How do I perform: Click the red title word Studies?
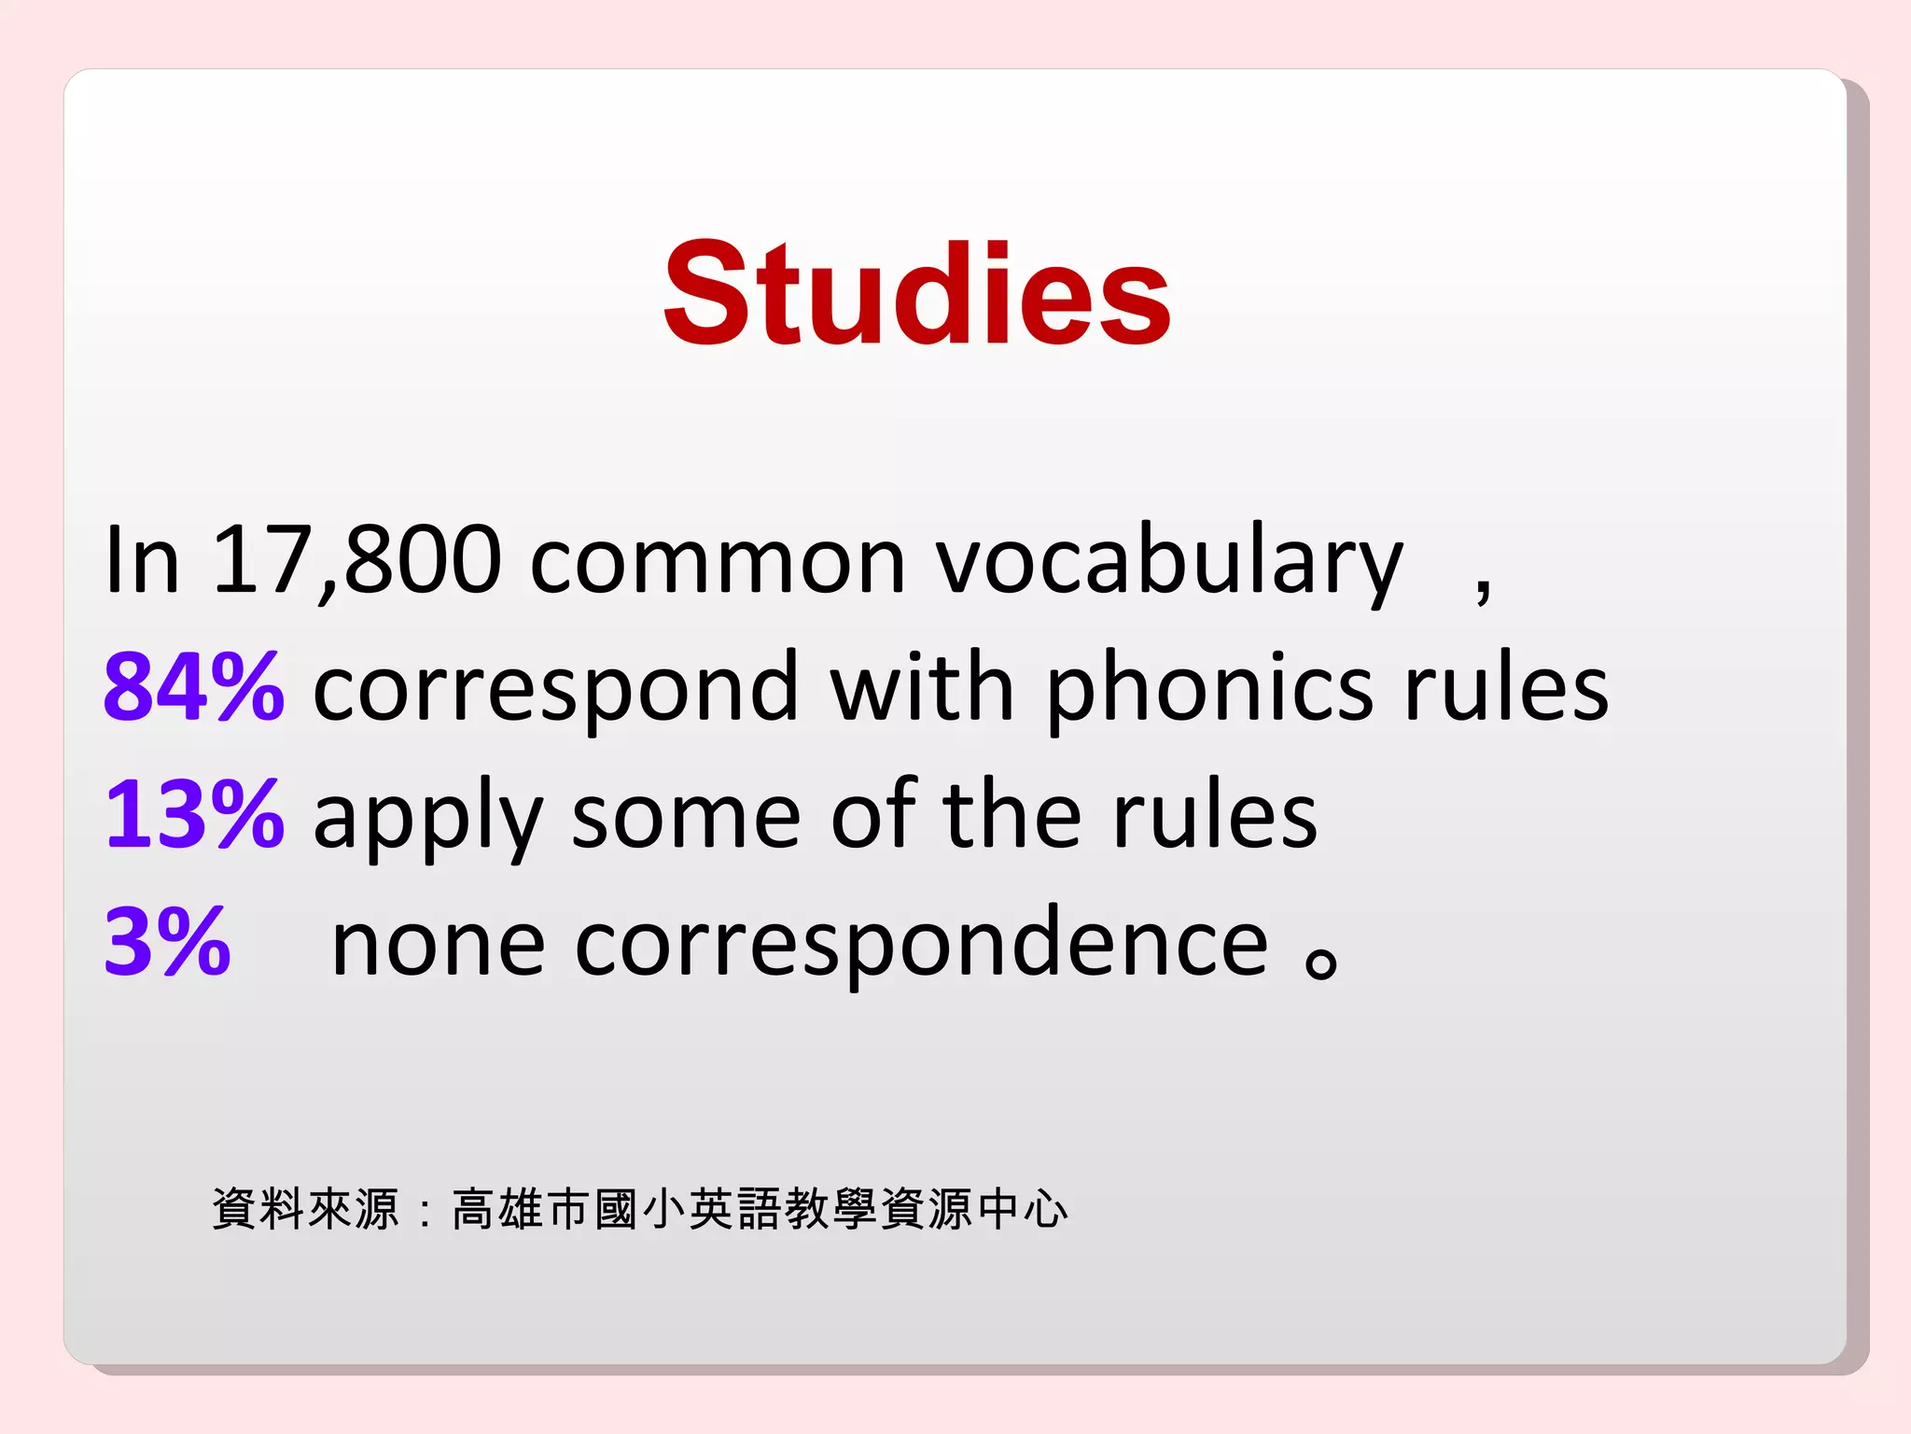916,293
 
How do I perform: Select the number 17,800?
356,560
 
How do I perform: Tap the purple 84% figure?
194,688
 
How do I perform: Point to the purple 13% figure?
194,815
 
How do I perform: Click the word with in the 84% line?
921,688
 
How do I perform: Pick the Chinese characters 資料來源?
306,1209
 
